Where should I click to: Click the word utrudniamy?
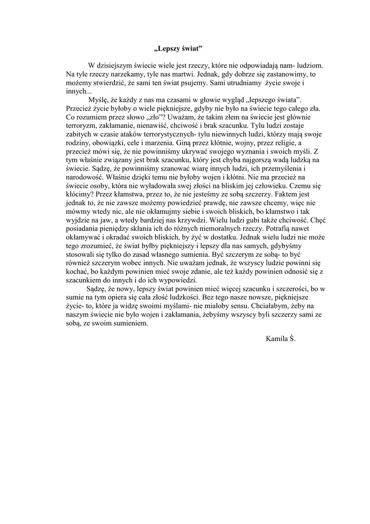click(241, 82)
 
